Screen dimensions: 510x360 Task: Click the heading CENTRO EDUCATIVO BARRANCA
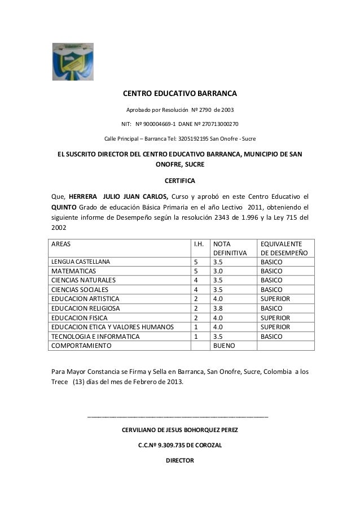(x=180, y=93)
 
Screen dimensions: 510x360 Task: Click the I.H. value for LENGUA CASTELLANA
(x=196, y=262)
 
